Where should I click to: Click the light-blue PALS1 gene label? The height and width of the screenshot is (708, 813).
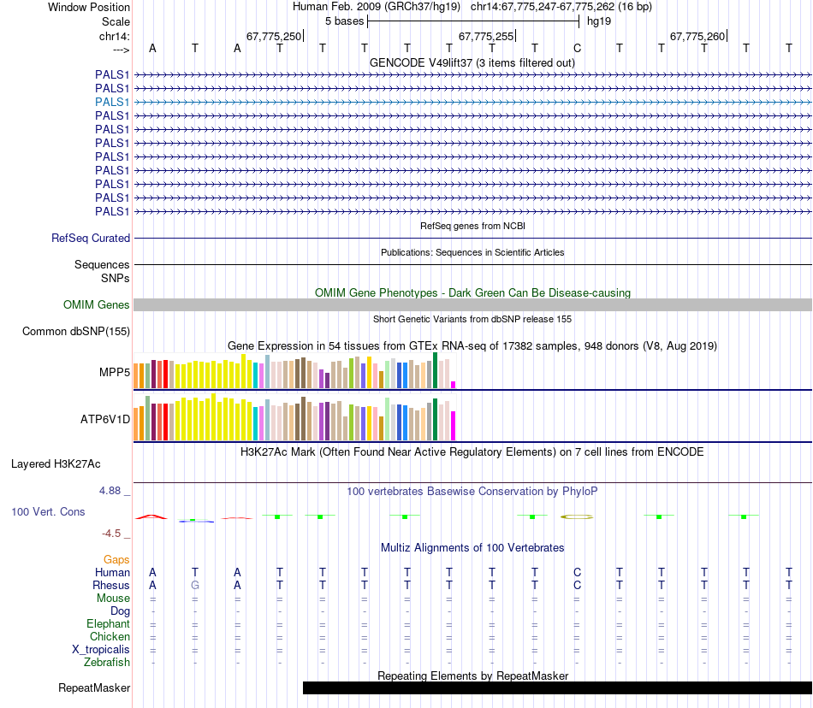coord(112,102)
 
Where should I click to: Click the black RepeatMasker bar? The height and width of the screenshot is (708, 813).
coord(556,687)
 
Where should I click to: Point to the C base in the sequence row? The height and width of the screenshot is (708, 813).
coord(578,48)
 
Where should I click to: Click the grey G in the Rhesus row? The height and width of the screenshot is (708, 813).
coord(195,586)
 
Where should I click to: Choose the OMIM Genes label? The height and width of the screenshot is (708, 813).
coord(96,305)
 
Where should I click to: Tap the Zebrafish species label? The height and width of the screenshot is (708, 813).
coord(107,663)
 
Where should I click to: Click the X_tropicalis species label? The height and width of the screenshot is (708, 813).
coord(101,650)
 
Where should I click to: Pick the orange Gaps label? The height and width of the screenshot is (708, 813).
coord(116,560)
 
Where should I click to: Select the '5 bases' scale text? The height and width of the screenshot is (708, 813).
coord(344,21)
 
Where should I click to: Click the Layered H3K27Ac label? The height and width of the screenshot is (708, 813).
coord(56,464)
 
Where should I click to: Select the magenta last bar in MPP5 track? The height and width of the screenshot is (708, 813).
coord(454,384)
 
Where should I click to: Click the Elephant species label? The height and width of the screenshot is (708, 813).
coord(108,624)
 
